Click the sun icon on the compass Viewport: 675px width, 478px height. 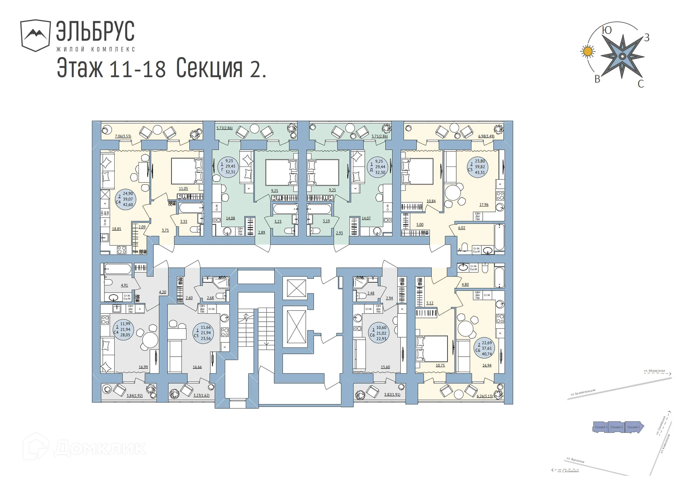coord(587,51)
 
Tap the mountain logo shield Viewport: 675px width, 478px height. coord(35,35)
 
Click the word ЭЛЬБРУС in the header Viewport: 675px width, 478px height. coord(95,31)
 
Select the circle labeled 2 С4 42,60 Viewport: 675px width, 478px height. coord(126,199)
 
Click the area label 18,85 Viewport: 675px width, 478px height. coord(116,229)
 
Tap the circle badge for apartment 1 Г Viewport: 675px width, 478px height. coord(228,166)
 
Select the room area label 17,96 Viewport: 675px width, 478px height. coord(484,205)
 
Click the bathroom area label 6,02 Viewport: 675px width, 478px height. coord(462,228)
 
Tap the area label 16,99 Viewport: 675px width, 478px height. coord(143,367)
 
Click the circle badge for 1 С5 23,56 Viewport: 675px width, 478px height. coord(203,333)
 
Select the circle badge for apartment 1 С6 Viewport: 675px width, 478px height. coord(379,333)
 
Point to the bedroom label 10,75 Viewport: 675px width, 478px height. coord(440,365)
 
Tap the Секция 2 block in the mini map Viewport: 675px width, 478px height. coord(617,427)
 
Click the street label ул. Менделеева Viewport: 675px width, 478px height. coord(654,371)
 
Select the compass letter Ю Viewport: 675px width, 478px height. coord(607,30)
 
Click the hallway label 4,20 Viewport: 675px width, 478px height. coord(162,292)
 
